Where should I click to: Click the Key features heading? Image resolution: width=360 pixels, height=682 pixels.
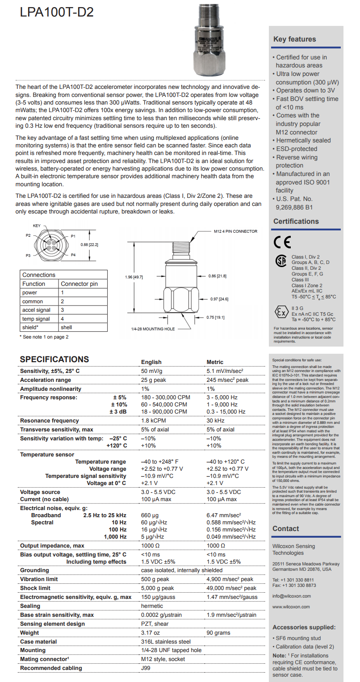coord(294,39)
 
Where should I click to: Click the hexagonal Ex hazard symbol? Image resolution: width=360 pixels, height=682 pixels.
coord(281,312)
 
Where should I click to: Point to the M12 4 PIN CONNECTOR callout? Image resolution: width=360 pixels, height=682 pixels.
coord(235,231)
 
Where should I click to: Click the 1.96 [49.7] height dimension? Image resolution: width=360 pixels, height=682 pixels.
coord(134,277)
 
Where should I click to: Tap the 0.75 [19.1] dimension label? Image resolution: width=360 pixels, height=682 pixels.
coord(217,317)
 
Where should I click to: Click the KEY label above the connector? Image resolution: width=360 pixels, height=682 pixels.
coord(37,226)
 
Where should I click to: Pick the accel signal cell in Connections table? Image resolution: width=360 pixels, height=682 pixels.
coord(37,310)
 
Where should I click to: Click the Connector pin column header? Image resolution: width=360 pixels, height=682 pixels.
coord(79,284)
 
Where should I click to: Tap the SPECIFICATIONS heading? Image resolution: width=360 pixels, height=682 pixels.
coord(54,360)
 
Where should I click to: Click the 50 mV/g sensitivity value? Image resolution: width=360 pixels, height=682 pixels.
coord(151,371)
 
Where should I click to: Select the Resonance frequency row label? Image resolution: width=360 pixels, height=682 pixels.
coord(50,421)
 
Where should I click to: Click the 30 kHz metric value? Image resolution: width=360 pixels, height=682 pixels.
coord(216,421)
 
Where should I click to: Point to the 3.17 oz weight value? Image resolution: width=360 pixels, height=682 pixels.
coord(150,633)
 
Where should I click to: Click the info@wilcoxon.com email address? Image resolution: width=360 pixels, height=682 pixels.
coord(291,596)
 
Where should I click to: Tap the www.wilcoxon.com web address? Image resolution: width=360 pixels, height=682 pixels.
coord(291,607)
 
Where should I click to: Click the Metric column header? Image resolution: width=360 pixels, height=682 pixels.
coord(215,362)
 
